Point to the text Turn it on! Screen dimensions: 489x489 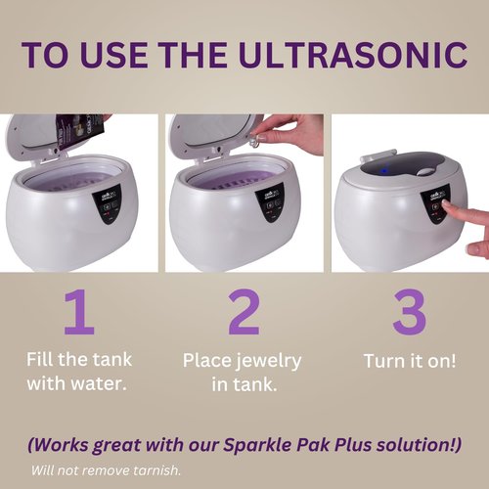click(409, 361)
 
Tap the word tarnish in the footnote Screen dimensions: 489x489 click(155, 469)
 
